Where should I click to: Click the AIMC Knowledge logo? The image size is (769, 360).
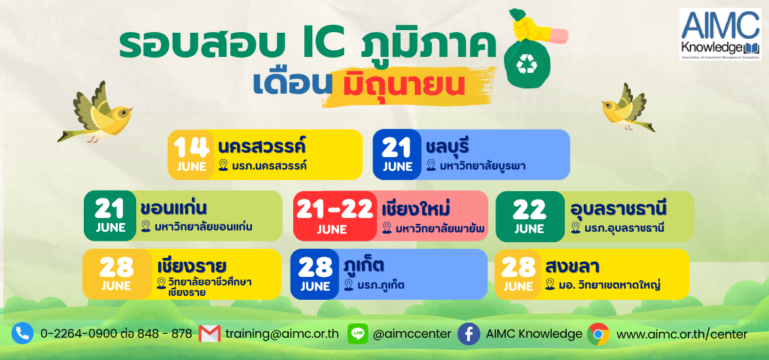[x=720, y=34]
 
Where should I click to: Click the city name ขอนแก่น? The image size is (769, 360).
[x=173, y=208]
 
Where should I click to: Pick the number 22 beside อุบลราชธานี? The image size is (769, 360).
[x=529, y=210]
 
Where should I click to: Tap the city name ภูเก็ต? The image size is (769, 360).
[x=364, y=265]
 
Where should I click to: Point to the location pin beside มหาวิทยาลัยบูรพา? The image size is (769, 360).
[x=431, y=166]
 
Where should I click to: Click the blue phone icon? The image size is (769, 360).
[x=22, y=334]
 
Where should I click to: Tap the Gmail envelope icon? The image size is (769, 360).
[x=209, y=334]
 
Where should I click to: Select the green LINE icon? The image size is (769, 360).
[x=357, y=334]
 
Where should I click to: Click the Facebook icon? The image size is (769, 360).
[x=469, y=334]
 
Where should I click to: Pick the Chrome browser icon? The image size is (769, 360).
[x=598, y=334]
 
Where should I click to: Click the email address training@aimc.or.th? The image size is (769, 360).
[x=282, y=334]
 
